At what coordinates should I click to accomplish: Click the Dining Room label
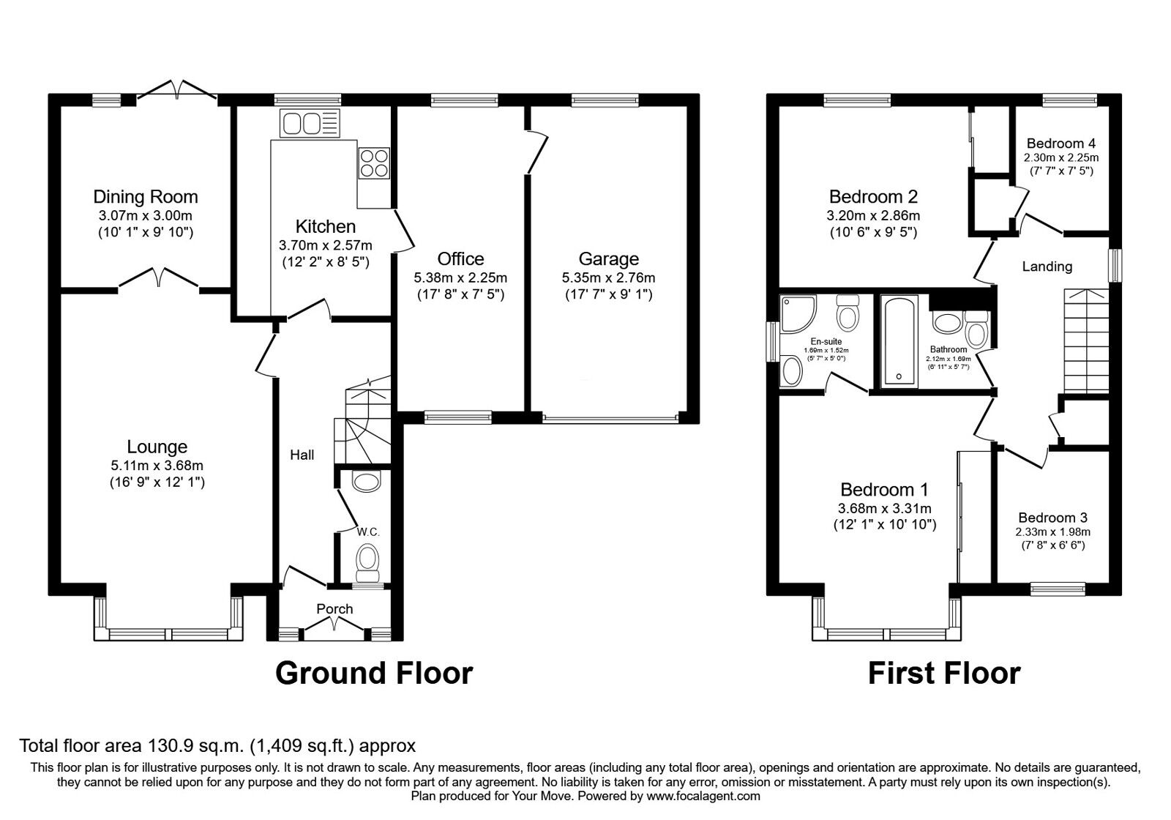[x=146, y=197]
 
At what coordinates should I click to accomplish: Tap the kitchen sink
[x=310, y=124]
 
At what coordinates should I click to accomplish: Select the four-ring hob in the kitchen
[x=374, y=163]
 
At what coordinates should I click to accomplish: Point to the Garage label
[x=608, y=259]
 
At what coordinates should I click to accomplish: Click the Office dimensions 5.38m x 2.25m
[x=460, y=277]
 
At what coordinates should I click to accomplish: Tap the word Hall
[x=302, y=455]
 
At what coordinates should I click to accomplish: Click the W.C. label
[x=368, y=532]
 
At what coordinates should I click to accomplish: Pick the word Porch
[x=334, y=608]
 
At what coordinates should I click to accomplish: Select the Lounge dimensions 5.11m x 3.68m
[x=157, y=466]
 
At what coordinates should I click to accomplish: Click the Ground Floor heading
[x=374, y=674]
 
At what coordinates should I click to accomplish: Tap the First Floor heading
[x=944, y=674]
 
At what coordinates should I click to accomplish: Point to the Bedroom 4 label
[x=1061, y=143]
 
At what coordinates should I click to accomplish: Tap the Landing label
[x=1047, y=266]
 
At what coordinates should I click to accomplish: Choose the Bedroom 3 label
[x=1053, y=518]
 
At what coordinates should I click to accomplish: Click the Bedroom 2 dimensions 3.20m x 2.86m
[x=874, y=215]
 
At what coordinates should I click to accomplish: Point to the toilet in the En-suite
[x=848, y=312]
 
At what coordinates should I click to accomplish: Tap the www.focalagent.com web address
[x=703, y=796]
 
